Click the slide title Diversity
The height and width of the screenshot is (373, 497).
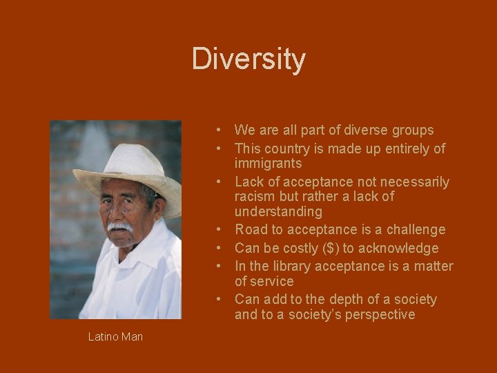click(248, 59)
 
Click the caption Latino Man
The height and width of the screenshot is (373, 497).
click(115, 336)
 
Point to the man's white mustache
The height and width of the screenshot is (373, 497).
click(119, 227)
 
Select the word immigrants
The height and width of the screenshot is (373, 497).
click(268, 164)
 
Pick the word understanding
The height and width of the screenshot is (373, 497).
click(278, 211)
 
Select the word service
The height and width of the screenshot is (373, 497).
click(273, 281)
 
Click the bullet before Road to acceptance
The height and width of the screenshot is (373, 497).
click(217, 229)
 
